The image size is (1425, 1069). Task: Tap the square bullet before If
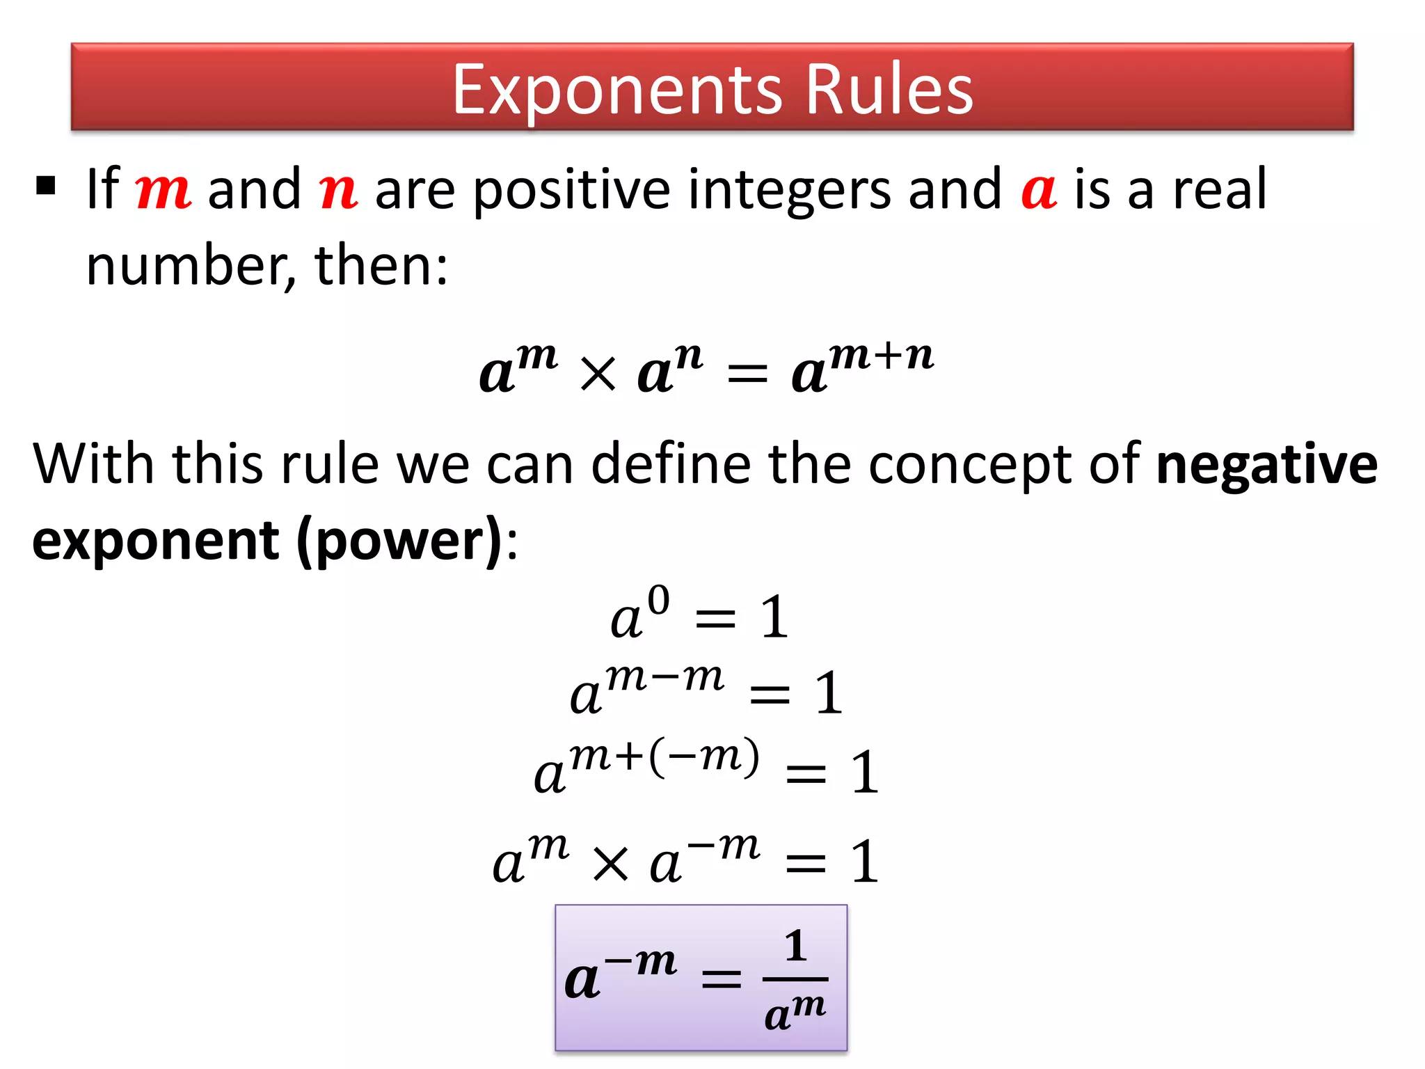click(x=46, y=186)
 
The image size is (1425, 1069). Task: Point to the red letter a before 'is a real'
click(x=1039, y=191)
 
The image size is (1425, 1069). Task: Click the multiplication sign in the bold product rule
click(x=598, y=374)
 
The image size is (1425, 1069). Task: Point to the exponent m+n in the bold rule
click(x=882, y=355)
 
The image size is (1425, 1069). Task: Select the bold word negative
click(x=1266, y=464)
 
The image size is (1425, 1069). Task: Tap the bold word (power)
click(x=399, y=541)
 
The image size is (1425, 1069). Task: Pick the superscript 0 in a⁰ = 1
click(x=658, y=601)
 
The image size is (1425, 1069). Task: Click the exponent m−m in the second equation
click(x=664, y=677)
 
